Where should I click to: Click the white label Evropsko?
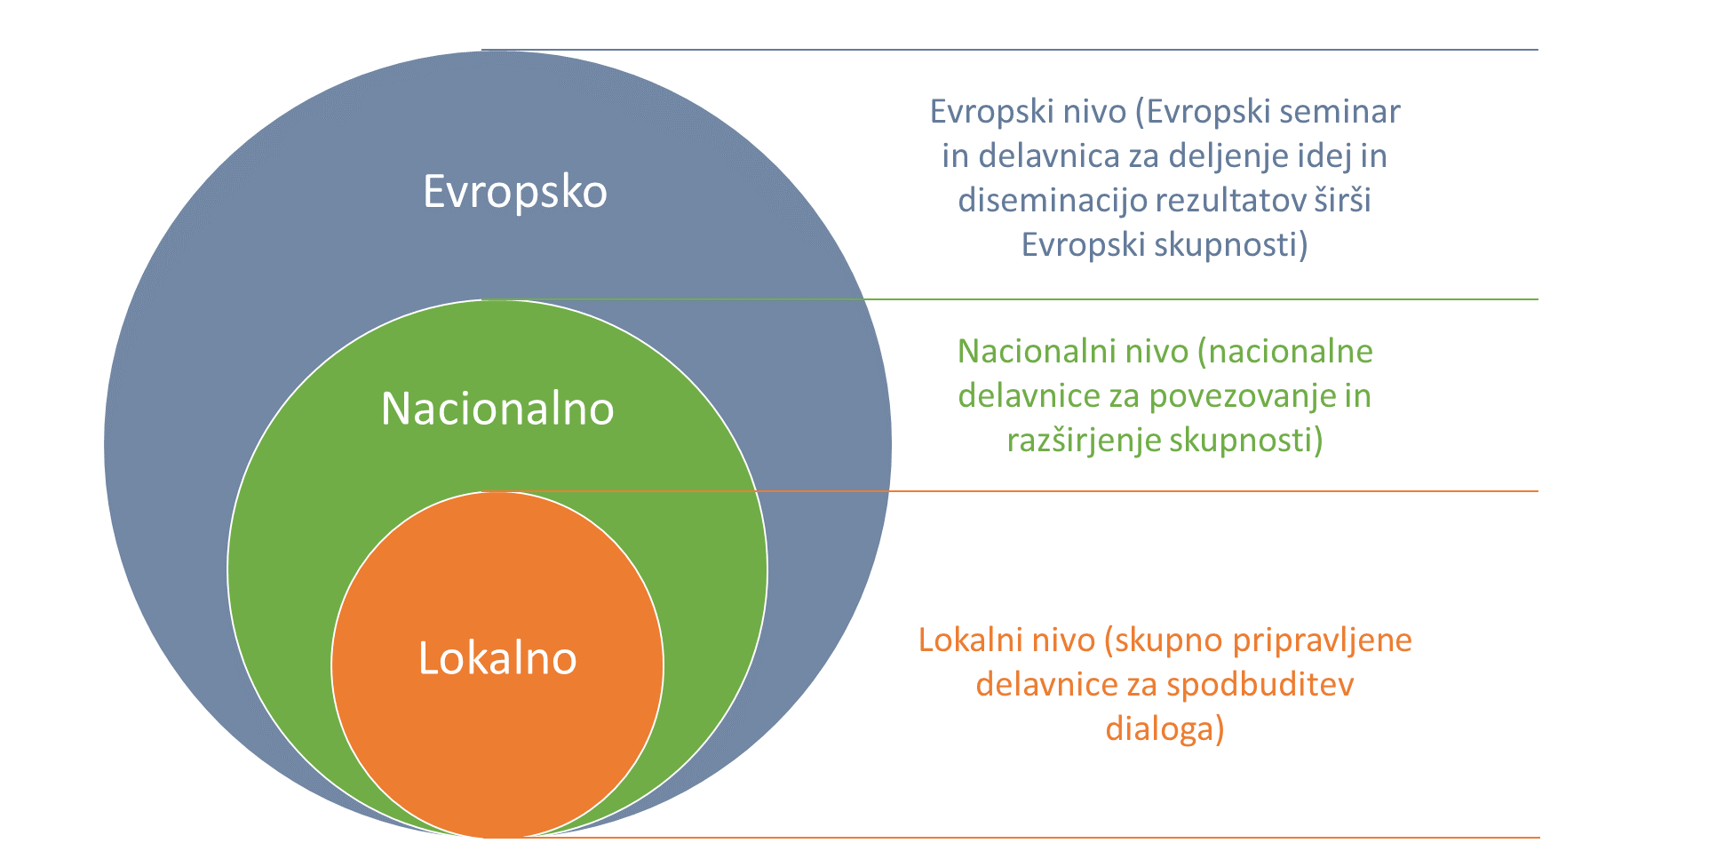[x=515, y=192]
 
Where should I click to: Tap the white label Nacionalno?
[x=497, y=409]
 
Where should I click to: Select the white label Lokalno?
[x=497, y=658]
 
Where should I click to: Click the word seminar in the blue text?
[x=1339, y=112]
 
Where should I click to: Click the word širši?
[x=1342, y=200]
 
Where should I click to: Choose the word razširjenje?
[x=1085, y=441]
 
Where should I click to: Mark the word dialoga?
[x=1165, y=729]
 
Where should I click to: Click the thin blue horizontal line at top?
[x=1010, y=50]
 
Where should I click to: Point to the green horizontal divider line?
[x=1010, y=299]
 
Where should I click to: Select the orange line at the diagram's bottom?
[x=1010, y=838]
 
